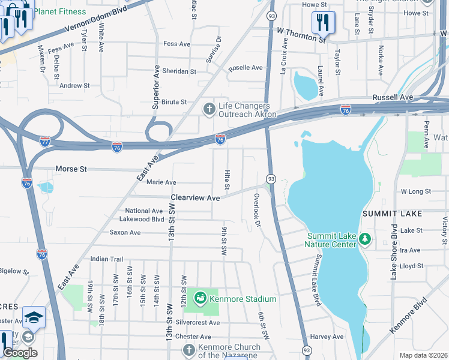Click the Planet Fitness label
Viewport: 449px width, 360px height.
pyautogui.click(x=59, y=11)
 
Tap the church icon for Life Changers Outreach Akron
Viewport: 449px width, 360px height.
pyautogui.click(x=209, y=109)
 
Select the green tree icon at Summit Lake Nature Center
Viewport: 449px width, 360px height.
pyautogui.click(x=364, y=240)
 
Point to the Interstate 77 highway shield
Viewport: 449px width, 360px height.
pyautogui.click(x=45, y=142)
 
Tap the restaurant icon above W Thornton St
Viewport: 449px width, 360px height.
pyautogui.click(x=323, y=23)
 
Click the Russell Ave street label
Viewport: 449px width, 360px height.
pyautogui.click(x=393, y=97)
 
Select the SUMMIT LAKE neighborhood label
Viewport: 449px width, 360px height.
pyautogui.click(x=391, y=214)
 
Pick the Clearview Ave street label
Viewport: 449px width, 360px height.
pyautogui.click(x=195, y=197)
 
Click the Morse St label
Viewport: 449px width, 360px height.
pyautogui.click(x=71, y=169)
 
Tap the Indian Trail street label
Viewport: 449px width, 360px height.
pyautogui.click(x=106, y=259)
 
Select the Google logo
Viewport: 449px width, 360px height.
pyautogui.click(x=20, y=353)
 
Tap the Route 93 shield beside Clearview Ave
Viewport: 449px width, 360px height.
pyautogui.click(x=271, y=179)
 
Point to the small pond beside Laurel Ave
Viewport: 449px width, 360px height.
pyautogui.click(x=306, y=86)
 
